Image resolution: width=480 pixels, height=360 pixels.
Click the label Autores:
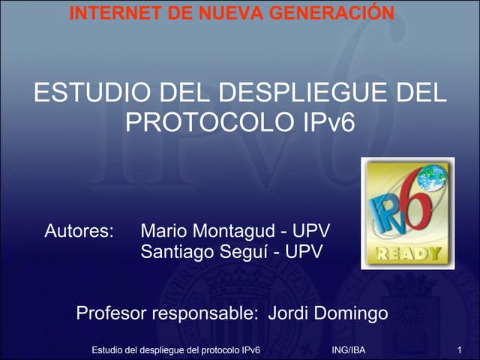pos(79,229)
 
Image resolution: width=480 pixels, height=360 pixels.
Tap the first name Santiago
pos(177,251)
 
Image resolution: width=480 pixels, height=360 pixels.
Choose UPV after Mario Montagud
pos(311,229)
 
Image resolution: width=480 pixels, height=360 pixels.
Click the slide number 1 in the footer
pos(457,350)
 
